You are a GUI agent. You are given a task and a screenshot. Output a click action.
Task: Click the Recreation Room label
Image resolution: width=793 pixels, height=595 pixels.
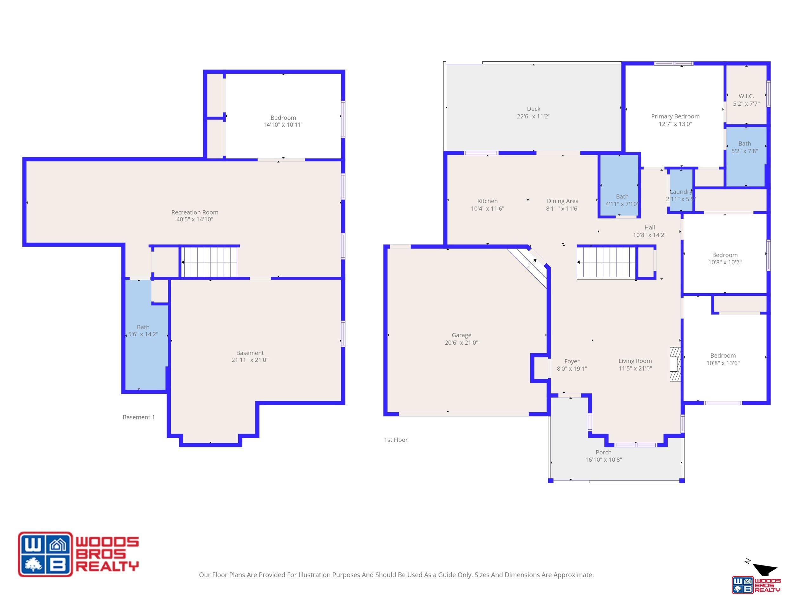click(x=195, y=212)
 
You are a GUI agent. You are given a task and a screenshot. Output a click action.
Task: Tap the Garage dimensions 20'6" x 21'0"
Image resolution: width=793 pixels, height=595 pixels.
click(x=462, y=342)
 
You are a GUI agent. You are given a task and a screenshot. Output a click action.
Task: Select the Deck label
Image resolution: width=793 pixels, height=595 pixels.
click(x=534, y=109)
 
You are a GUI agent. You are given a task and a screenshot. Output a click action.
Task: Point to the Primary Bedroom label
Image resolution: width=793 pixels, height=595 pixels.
click(x=675, y=116)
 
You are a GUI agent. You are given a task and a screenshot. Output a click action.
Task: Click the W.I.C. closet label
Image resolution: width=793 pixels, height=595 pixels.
click(x=746, y=96)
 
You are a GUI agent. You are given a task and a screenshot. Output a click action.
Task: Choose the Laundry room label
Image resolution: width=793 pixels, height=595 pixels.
click(x=681, y=192)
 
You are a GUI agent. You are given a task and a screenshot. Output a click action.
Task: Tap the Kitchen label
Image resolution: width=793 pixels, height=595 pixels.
click(x=487, y=201)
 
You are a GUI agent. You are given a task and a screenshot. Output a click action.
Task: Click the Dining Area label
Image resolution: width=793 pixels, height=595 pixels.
click(x=562, y=201)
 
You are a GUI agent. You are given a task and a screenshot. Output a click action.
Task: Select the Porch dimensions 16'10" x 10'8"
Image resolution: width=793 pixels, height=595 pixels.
click(x=603, y=460)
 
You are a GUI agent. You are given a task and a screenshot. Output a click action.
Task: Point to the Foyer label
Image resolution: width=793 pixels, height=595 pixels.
click(x=572, y=361)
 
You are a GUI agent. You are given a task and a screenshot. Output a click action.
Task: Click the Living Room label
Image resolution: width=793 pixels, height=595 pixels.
click(x=635, y=361)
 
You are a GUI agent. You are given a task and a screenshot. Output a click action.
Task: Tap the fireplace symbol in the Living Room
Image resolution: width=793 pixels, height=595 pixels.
click(x=675, y=364)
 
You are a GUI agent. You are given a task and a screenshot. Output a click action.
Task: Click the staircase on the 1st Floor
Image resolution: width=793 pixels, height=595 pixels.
click(x=606, y=262)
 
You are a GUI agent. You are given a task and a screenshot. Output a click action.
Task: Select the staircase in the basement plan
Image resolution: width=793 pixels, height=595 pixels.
click(x=209, y=262)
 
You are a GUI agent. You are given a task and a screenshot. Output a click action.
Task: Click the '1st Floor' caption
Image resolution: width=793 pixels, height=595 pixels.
click(x=396, y=440)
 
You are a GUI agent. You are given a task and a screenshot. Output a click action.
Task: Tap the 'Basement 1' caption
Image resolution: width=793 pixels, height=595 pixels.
click(x=139, y=417)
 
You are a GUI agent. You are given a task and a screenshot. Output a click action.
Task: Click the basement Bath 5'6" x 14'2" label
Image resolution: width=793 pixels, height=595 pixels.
click(x=143, y=331)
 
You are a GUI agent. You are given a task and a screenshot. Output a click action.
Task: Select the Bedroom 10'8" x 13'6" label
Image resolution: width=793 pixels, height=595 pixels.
click(x=723, y=359)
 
